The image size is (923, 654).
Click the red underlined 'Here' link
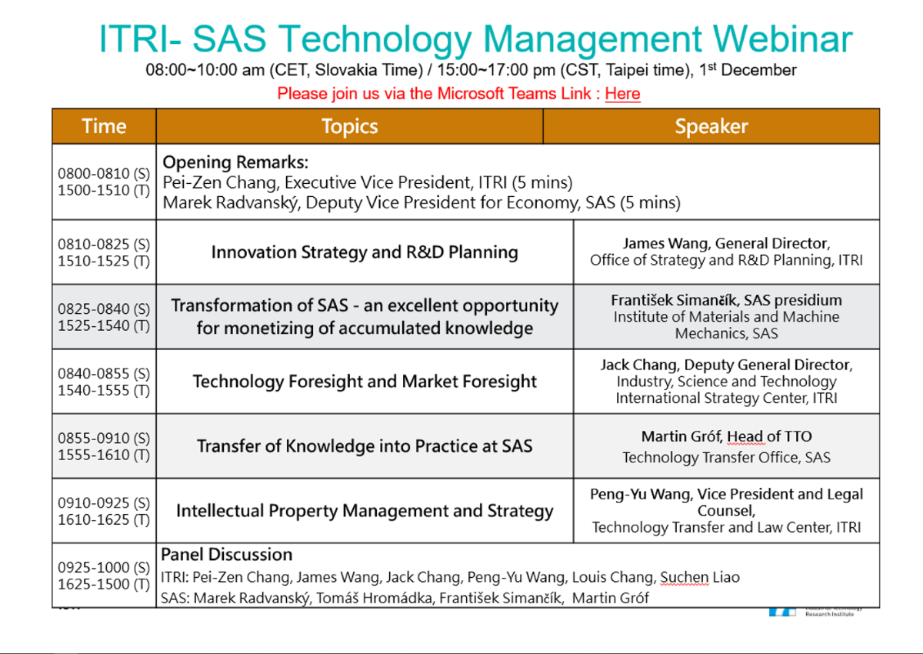(x=622, y=94)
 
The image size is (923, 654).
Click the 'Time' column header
(x=105, y=126)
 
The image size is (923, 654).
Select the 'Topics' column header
(x=349, y=126)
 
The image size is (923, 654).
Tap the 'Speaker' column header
(x=711, y=126)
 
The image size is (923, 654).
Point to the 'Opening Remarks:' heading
(x=235, y=162)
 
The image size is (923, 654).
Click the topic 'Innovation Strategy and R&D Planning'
(x=365, y=252)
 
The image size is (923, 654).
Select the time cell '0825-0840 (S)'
(x=104, y=309)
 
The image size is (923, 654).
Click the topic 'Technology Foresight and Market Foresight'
(x=365, y=382)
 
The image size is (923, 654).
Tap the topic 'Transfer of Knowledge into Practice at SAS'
(x=365, y=446)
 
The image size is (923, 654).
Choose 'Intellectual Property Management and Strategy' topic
(x=365, y=511)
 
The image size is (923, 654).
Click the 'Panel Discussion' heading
(x=227, y=555)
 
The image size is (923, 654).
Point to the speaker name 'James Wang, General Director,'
(x=726, y=244)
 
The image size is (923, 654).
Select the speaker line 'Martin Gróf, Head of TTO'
(x=726, y=436)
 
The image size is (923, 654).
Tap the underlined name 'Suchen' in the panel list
(x=685, y=577)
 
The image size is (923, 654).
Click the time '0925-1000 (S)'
(x=104, y=568)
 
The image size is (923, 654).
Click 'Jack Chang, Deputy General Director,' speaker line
(x=726, y=365)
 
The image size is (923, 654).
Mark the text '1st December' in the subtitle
(x=748, y=70)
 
